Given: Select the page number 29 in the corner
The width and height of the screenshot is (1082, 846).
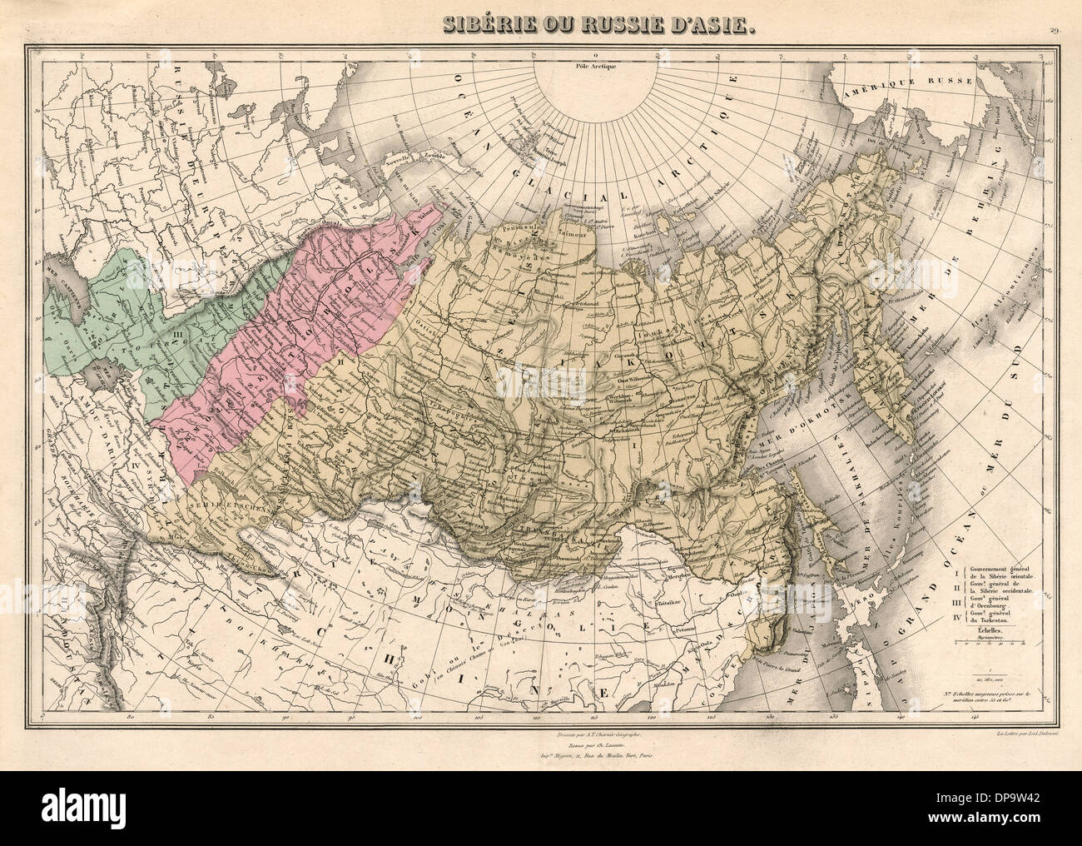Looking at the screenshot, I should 1054,10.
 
